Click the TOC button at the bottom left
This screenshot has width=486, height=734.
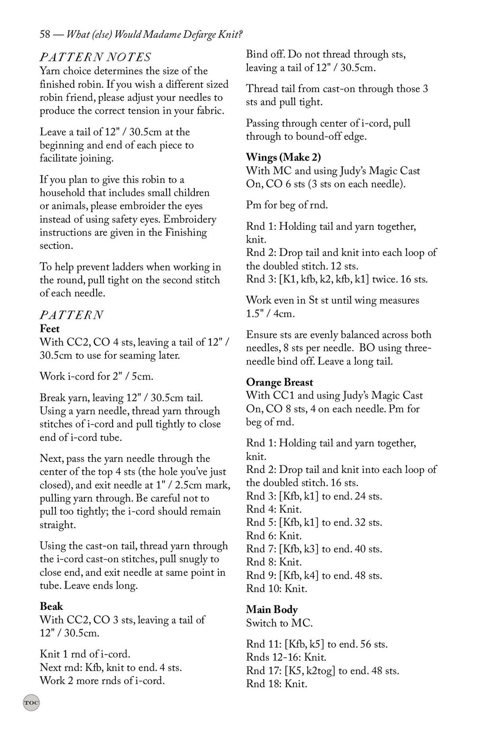click(x=31, y=702)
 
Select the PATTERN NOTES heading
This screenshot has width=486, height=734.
click(x=95, y=57)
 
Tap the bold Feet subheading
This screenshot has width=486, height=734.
click(x=49, y=329)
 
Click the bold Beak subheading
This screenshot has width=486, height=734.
click(x=51, y=606)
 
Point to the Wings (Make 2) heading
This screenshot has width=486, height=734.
click(x=283, y=157)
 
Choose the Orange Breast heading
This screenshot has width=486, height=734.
click(x=279, y=382)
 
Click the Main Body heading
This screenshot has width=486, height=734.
click(x=272, y=610)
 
